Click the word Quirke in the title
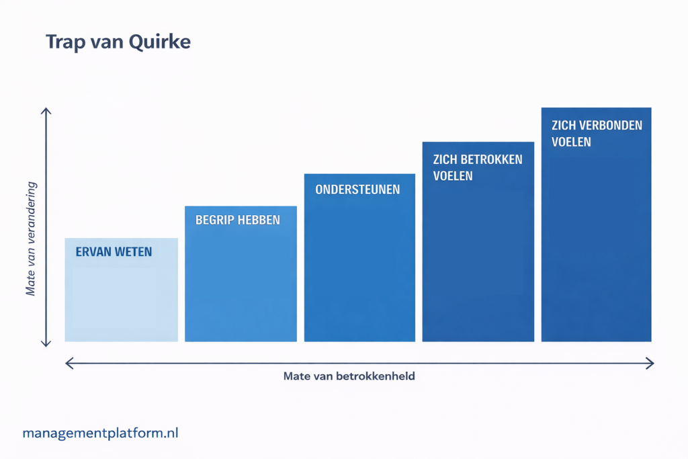160,42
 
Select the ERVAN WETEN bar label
114,252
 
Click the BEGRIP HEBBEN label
238,220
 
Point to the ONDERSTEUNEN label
357,190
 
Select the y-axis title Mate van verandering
30,239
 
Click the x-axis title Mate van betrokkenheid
349,376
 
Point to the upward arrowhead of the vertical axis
46,110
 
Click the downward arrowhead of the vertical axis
46,343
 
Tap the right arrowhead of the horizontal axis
650,364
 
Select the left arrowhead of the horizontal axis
69,364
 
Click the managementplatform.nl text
101,433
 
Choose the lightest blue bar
122,290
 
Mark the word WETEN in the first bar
134,252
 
